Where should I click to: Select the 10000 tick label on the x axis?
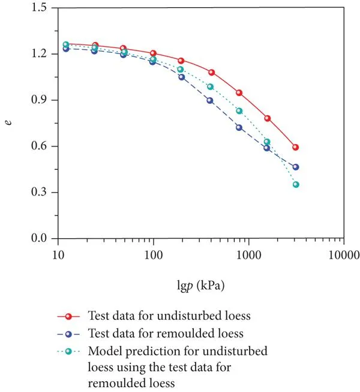pyautogui.click(x=343, y=254)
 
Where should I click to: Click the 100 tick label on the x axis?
pyautogui.click(x=154, y=254)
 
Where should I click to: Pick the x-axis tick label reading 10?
pyautogui.click(x=58, y=254)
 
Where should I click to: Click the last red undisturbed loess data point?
pyautogui.click(x=296, y=147)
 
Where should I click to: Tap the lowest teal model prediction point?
pyautogui.click(x=296, y=184)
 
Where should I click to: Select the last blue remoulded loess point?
pyautogui.click(x=296, y=167)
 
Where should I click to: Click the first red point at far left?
pyautogui.click(x=67, y=45)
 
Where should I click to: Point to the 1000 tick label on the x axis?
pyautogui.click(x=248, y=254)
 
